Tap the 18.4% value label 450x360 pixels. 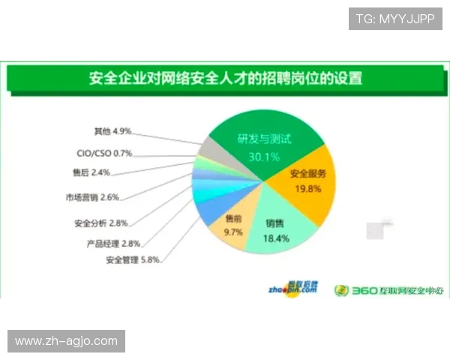[x=275, y=238]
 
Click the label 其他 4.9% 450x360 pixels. [x=113, y=131]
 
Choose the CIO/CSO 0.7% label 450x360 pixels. [x=104, y=153]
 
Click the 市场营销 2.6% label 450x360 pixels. [x=92, y=198]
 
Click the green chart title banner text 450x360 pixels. [x=225, y=77]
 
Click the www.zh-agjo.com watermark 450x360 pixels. [x=66, y=341]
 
